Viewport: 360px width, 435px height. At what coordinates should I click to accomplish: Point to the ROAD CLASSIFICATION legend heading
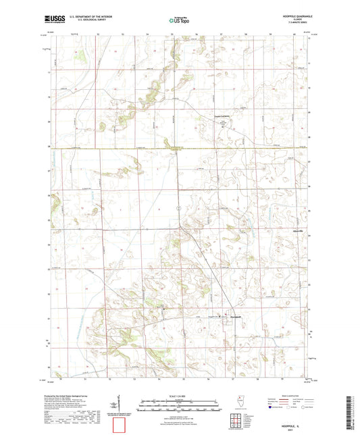pos(287,395)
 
